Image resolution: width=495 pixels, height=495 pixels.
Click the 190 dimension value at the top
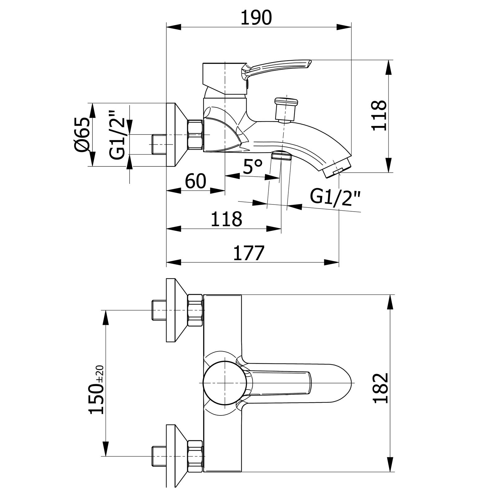(x=256, y=18)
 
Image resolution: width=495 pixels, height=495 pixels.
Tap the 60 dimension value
(x=196, y=181)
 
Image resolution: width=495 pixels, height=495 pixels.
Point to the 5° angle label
(x=252, y=167)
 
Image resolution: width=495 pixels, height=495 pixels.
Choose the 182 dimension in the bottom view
(x=380, y=388)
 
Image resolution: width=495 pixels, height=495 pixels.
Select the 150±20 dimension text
(x=96, y=390)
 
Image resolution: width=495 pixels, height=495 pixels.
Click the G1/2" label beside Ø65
(x=118, y=135)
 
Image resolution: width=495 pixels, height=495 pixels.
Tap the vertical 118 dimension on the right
(x=379, y=115)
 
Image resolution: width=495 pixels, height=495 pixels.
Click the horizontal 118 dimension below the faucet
(x=226, y=219)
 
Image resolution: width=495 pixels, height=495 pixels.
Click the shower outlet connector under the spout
(x=281, y=156)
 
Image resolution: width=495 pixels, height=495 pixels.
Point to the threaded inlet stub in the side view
(x=159, y=144)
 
